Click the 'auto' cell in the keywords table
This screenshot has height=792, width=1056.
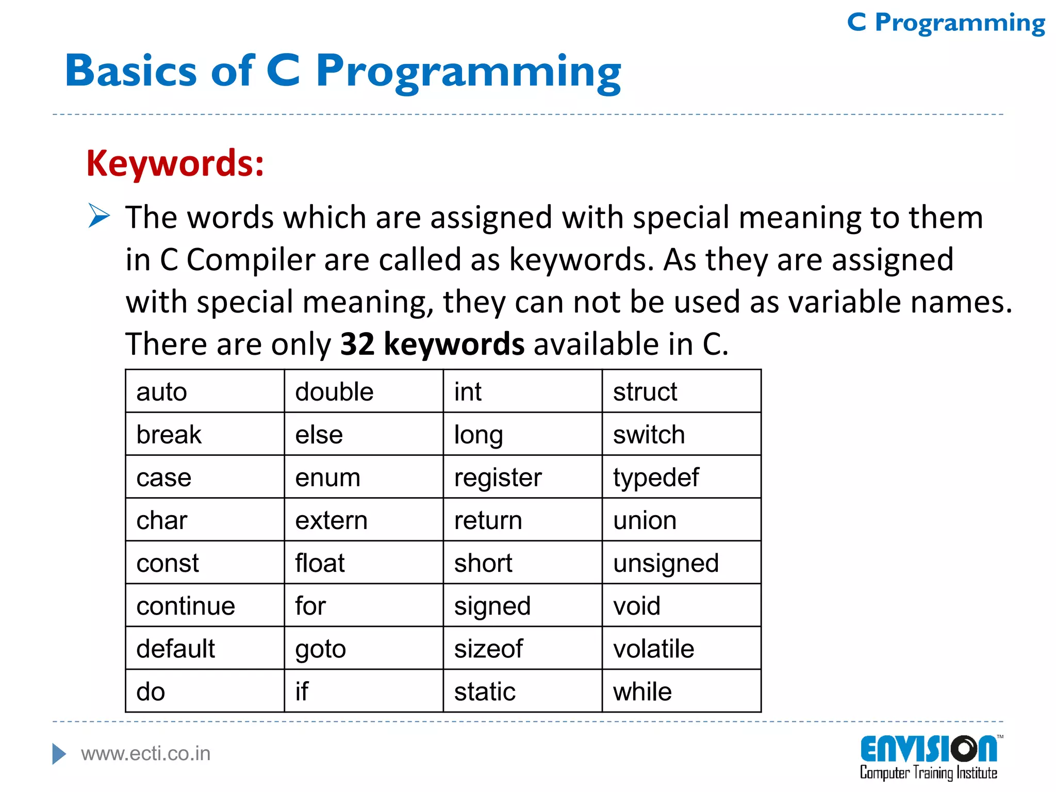[161, 392]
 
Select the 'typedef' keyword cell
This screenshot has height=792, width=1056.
[656, 477]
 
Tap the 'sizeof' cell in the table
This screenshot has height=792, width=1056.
[488, 649]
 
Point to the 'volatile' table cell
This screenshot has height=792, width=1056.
[653, 649]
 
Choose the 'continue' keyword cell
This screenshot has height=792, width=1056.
[186, 606]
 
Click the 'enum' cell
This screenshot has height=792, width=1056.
[327, 477]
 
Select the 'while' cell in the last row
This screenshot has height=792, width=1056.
[642, 691]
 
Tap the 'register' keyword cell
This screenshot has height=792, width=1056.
[498, 477]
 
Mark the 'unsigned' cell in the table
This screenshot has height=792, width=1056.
[666, 563]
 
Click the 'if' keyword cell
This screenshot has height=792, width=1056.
[302, 691]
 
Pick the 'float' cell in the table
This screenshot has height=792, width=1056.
[320, 563]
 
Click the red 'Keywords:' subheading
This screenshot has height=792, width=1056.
[175, 163]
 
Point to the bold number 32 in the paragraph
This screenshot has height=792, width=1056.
[357, 344]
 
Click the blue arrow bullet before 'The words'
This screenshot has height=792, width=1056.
[98, 216]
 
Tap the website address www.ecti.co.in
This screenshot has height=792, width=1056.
[146, 754]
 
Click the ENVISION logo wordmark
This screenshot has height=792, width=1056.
[928, 749]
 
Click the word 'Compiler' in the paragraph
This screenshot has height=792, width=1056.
[250, 259]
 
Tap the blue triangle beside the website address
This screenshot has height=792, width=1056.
[59, 754]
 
